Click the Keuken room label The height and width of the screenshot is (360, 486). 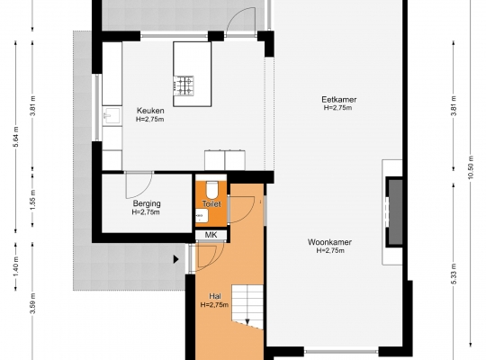tap(150, 111)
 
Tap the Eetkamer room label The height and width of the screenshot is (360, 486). tap(338, 100)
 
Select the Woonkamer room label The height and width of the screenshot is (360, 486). tap(329, 242)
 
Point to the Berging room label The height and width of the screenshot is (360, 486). tap(147, 203)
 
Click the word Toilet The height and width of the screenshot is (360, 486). tap(211, 204)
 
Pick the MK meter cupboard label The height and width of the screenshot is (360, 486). tap(211, 235)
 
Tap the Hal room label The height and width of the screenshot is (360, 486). tap(215, 296)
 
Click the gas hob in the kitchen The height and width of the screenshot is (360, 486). tap(184, 85)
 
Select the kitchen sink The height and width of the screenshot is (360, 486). tap(112, 116)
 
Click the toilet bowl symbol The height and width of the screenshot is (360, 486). tap(212, 190)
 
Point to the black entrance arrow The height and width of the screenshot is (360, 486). tap(176, 259)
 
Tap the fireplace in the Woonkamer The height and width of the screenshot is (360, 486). tap(394, 212)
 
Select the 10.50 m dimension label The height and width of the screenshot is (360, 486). tap(471, 167)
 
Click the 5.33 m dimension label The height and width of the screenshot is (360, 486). tap(454, 274)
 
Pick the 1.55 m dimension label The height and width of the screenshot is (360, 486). tap(33, 200)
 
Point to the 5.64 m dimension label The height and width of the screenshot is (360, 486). tap(16, 137)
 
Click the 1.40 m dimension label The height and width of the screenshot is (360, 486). tap(16, 266)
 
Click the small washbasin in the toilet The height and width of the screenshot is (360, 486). tap(202, 215)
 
